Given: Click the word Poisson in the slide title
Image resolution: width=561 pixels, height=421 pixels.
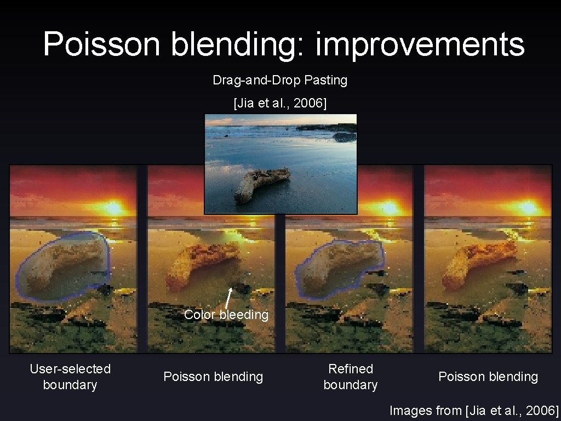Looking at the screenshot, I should click(x=101, y=44).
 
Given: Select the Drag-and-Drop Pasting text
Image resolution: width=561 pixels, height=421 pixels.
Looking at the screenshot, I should click(x=280, y=80).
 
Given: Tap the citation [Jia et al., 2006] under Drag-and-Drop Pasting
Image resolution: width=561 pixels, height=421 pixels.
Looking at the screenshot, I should click(x=280, y=103).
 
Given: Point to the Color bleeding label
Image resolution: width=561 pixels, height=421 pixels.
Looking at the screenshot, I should click(x=226, y=315).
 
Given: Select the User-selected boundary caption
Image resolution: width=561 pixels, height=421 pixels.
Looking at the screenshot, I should click(x=70, y=377).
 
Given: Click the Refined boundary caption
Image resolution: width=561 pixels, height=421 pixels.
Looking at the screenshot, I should click(x=351, y=377).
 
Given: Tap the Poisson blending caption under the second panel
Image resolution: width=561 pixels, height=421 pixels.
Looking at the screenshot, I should click(x=213, y=377).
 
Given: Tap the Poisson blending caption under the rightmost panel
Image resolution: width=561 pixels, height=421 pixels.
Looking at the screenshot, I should click(x=488, y=377).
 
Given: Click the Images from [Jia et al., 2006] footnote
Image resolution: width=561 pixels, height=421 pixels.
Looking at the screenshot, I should click(x=473, y=410).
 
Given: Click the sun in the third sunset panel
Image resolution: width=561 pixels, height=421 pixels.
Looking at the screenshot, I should click(x=390, y=208).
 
